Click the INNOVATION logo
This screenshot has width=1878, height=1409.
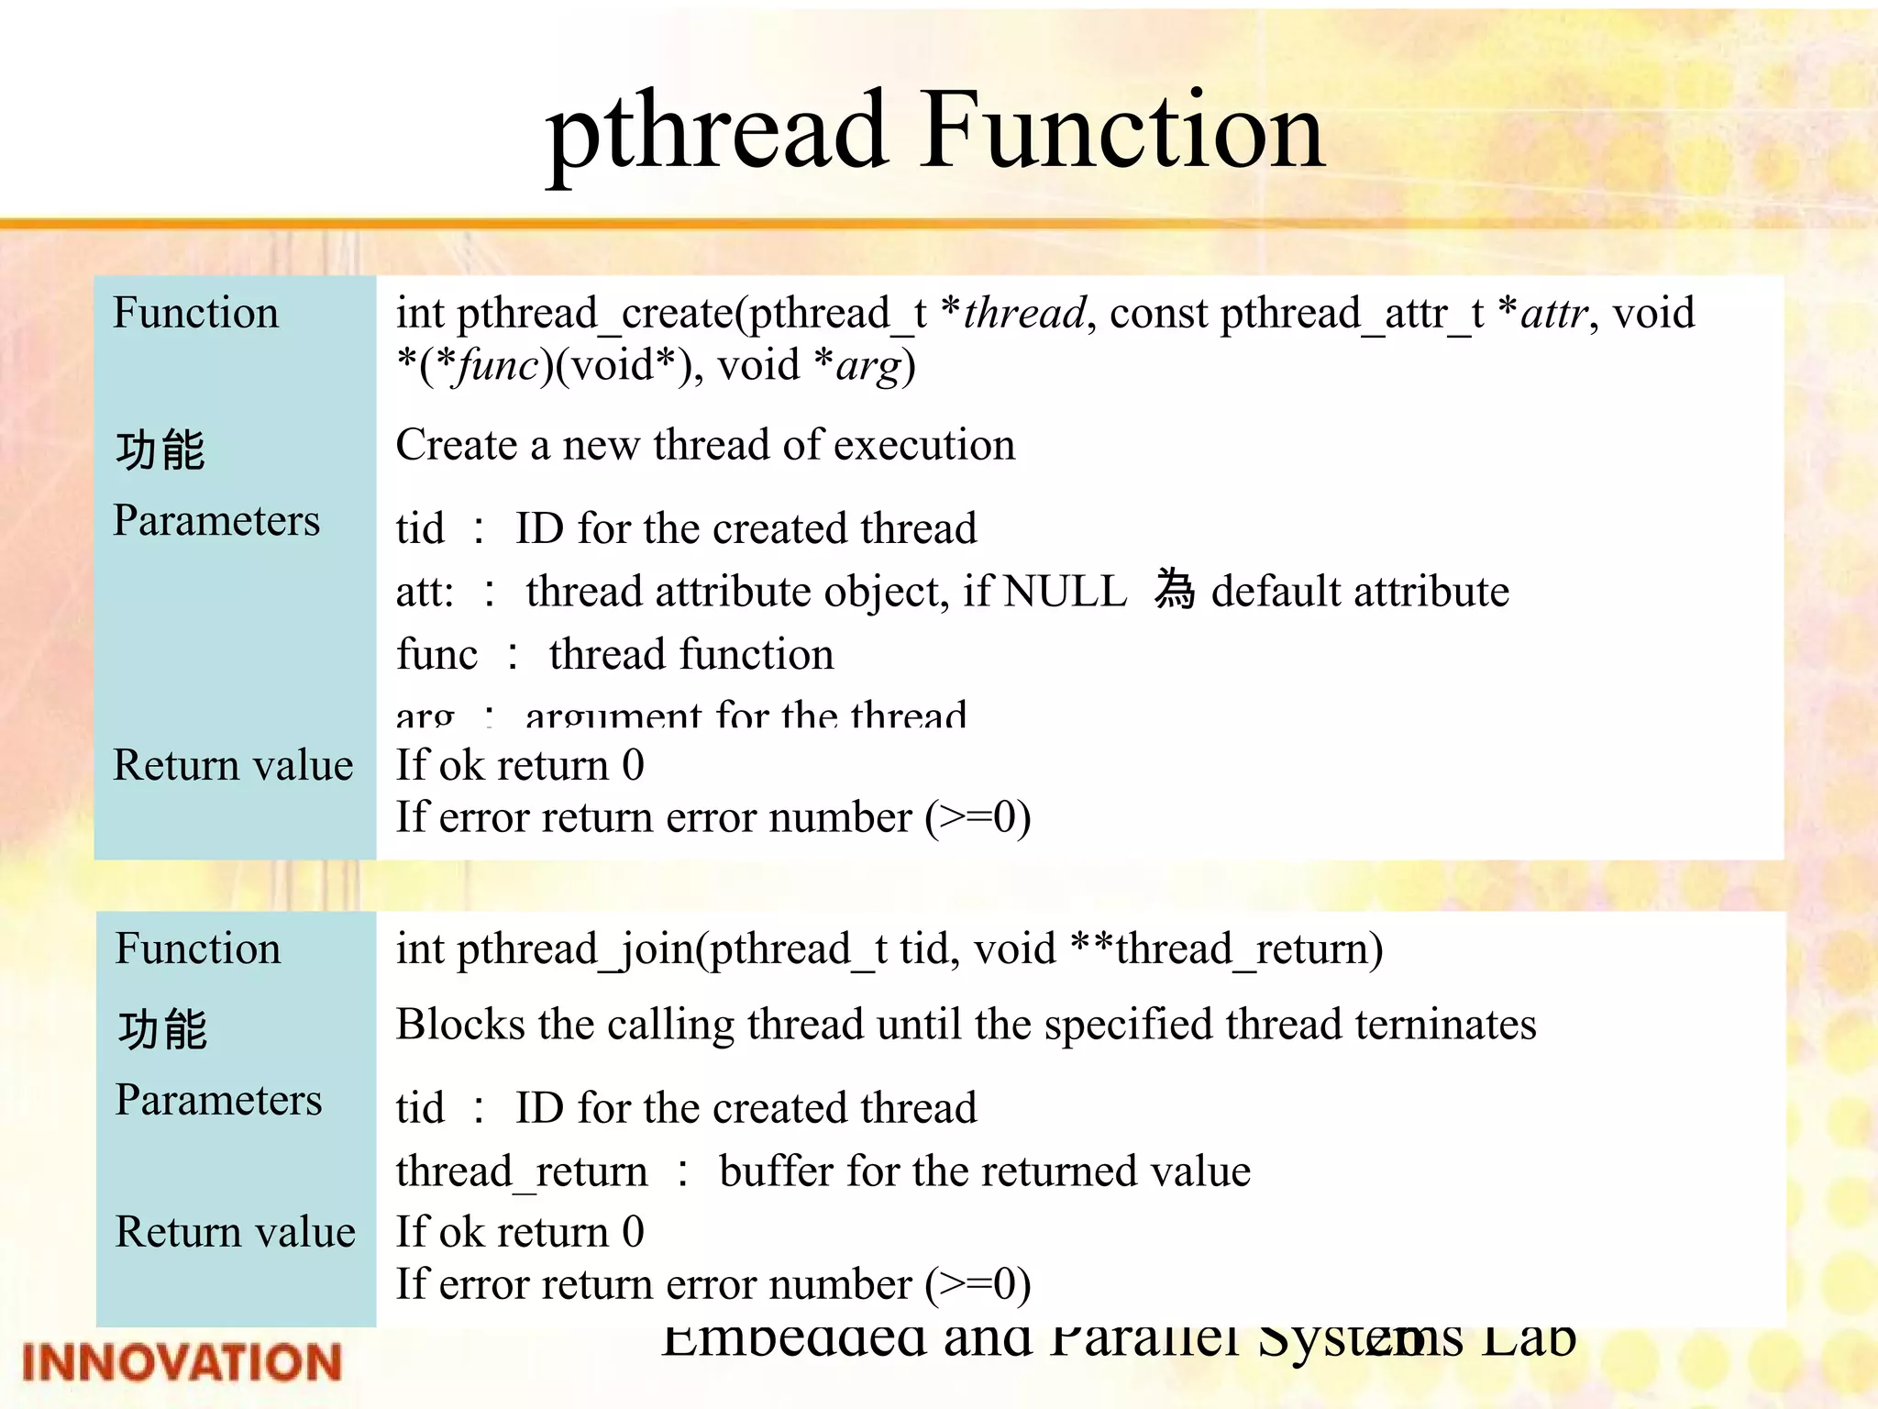click(x=182, y=1361)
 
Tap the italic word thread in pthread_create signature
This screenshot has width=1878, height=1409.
click(x=1024, y=314)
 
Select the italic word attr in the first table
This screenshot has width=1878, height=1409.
click(x=1553, y=314)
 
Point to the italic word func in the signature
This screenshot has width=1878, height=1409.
click(x=498, y=366)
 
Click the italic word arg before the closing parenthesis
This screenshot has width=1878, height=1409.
click(x=867, y=366)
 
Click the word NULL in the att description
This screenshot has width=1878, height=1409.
click(x=1066, y=592)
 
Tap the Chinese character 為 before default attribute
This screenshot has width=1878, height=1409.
click(x=1175, y=590)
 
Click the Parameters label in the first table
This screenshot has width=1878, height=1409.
click(x=216, y=521)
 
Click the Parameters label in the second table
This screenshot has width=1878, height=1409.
click(x=218, y=1100)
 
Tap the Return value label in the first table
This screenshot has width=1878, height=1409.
click(x=233, y=765)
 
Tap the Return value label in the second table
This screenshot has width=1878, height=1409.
click(x=235, y=1232)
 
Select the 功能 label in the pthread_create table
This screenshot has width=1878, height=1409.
click(x=160, y=450)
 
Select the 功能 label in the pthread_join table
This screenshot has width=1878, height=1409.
click(x=163, y=1029)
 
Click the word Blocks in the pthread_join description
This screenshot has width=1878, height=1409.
click(x=460, y=1025)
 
